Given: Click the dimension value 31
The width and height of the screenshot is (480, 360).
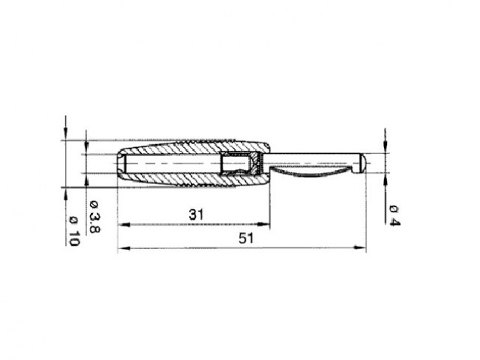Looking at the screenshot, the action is [x=196, y=214].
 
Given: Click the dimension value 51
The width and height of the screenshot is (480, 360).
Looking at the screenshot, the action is [x=246, y=238].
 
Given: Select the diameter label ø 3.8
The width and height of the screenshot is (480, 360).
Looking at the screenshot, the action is [x=95, y=217].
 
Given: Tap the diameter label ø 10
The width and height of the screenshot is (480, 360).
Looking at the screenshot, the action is [x=74, y=231].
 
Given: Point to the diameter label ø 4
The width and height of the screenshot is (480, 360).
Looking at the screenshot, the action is [x=394, y=216].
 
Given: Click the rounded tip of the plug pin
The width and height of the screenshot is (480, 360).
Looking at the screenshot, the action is [x=363, y=163].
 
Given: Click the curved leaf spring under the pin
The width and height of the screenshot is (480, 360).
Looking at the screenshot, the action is [x=312, y=172].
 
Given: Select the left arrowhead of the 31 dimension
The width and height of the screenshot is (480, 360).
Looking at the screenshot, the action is [x=123, y=225].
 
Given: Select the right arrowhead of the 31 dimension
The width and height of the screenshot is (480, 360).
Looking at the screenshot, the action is [x=264, y=224].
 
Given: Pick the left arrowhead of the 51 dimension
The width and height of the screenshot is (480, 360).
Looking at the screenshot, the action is [x=123, y=248].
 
